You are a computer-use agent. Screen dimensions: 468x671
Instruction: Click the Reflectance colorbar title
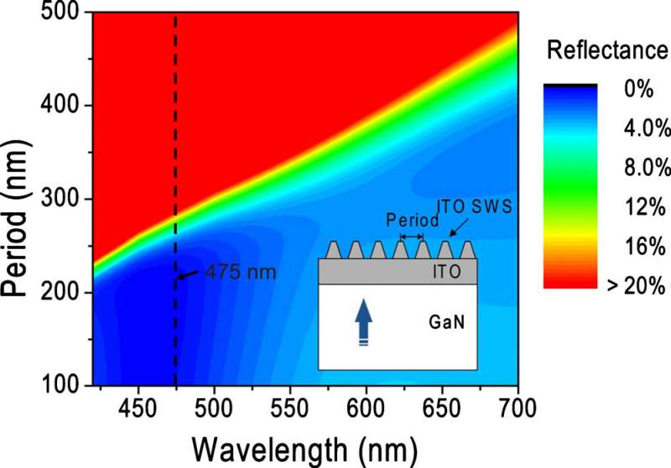(x=607, y=51)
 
